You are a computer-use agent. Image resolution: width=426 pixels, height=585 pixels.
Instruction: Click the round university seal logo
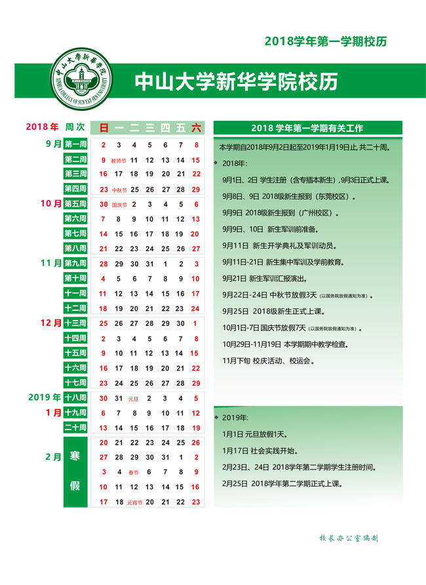pos(82,81)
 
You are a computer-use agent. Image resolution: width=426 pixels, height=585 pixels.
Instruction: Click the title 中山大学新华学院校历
pos(236,81)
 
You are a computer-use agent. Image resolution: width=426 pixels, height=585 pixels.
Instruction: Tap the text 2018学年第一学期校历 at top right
pos(325,41)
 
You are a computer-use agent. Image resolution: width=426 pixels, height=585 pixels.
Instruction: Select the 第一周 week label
pos(75,145)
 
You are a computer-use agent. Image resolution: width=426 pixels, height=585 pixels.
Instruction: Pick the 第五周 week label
pos(75,205)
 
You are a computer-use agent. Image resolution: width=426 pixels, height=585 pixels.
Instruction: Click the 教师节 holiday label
pos(119,160)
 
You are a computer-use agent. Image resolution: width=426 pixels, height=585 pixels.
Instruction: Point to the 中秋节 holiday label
pos(119,190)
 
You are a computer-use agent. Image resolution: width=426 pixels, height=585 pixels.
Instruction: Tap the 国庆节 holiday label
pos(119,205)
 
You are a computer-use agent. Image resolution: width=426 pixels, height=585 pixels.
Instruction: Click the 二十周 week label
pos(75,428)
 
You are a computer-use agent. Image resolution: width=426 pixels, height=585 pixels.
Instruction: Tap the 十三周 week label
pos(75,323)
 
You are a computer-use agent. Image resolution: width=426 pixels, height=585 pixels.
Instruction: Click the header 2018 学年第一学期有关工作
pos(307,128)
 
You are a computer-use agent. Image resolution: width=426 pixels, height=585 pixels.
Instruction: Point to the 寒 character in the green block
pos(75,457)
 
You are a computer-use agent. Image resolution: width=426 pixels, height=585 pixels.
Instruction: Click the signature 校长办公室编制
pos(347,538)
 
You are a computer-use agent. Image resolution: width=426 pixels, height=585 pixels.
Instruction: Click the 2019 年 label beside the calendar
pos(45,397)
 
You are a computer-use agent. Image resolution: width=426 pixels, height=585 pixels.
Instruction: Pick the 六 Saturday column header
pos(196,128)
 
